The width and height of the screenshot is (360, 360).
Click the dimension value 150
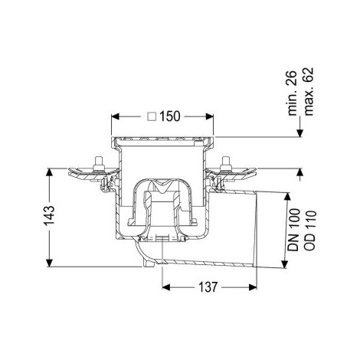170,116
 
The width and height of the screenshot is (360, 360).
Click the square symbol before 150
152,116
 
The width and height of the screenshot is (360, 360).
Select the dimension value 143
49,216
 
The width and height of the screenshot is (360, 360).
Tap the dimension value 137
208,287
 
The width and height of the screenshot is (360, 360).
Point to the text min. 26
293,93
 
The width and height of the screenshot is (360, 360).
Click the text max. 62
309,91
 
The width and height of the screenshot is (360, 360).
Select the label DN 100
293,230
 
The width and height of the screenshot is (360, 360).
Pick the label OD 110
309,231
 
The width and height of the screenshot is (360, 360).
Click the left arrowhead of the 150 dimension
116,116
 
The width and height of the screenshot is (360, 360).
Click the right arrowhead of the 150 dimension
210,116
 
